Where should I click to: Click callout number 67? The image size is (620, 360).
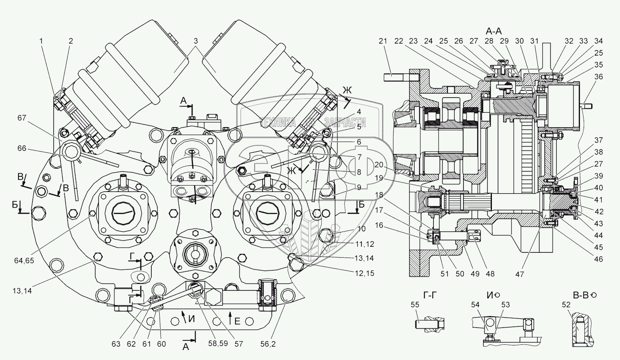[22, 118]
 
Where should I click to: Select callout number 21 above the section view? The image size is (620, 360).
[383, 41]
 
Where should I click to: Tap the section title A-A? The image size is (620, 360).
[494, 31]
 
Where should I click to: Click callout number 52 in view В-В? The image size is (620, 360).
[566, 305]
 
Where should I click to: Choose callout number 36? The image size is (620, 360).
[598, 77]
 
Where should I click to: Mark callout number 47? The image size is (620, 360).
[520, 274]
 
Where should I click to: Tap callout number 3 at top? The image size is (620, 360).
[196, 41]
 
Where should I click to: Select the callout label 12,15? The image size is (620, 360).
[365, 273]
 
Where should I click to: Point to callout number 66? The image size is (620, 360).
[22, 148]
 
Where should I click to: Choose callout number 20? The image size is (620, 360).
[379, 165]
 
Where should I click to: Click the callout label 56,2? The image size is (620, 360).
[268, 344]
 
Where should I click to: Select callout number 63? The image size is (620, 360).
[116, 344]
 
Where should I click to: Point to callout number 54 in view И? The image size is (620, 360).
[475, 305]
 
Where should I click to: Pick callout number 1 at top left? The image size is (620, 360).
[41, 41]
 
